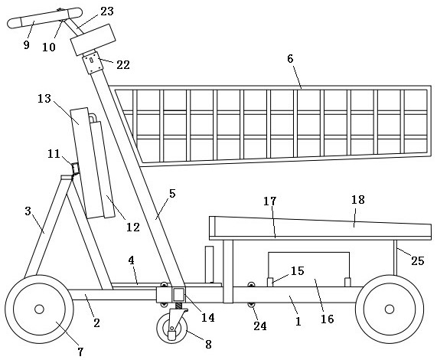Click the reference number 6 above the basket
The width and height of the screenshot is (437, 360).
click(290, 59)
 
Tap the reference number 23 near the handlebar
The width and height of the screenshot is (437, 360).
click(107, 11)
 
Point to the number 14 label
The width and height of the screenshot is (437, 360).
click(208, 318)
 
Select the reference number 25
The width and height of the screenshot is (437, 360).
click(418, 261)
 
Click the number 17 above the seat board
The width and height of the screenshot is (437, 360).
click(270, 201)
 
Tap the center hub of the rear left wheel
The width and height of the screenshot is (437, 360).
click(39, 309)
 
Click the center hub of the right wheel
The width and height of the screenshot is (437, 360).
click(389, 309)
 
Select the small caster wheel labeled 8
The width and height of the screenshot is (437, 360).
click(172, 328)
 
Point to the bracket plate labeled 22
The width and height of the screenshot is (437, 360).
click(93, 63)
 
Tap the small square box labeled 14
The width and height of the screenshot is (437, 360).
click(178, 295)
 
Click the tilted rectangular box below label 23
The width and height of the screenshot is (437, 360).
click(93, 40)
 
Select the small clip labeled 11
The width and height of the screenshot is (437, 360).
click(75, 169)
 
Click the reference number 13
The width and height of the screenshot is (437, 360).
click(44, 99)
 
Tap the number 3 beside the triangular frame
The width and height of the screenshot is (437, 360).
click(28, 211)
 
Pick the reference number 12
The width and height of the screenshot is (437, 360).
click(133, 227)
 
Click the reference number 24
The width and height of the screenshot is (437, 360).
click(259, 326)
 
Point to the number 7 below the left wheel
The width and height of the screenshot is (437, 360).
click(80, 352)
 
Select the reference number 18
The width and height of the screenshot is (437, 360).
click(358, 200)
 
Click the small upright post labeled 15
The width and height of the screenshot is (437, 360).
click(270, 282)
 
